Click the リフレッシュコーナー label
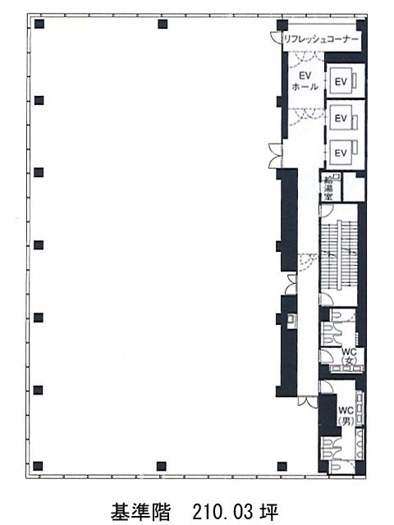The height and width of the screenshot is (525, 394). click(321, 39)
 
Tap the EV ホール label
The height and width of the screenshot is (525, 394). click(305, 81)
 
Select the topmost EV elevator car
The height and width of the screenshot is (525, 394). click(341, 81)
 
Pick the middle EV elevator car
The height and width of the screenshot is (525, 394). click(341, 118)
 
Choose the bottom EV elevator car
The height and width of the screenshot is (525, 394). click(341, 153)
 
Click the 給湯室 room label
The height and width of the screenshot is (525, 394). click(328, 188)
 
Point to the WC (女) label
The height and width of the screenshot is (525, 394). click(349, 356)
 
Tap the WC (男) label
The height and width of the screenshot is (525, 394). click(346, 416)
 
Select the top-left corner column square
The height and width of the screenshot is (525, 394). click(39, 24)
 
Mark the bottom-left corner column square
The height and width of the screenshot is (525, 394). click(38, 466)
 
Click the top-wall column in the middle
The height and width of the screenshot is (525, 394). click(163, 24)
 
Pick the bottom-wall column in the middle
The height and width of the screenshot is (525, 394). click(162, 466)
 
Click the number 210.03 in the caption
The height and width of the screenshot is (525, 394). click(222, 512)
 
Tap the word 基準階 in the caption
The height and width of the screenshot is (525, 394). click(140, 512)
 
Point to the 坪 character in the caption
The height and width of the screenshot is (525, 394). click(269, 512)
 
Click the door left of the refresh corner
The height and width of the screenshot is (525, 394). click(277, 38)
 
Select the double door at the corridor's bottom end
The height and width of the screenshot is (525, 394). click(308, 402)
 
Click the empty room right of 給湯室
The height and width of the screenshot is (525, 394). click(354, 188)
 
